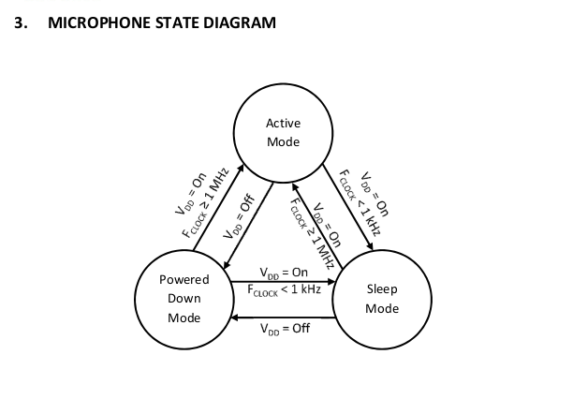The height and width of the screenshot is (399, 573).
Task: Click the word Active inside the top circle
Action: coord(284,123)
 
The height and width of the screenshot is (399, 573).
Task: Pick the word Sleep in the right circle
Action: coord(382,288)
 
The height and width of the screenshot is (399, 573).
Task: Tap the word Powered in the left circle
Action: coord(184,279)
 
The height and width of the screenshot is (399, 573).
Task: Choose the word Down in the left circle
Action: coord(184,299)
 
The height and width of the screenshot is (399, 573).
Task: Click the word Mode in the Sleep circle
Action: coord(382,308)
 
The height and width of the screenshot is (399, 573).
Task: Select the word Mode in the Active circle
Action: coord(284,142)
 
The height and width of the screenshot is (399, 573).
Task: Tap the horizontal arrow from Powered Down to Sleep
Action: coord(281,280)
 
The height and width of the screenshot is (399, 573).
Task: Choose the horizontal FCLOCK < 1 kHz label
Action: coord(285,290)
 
